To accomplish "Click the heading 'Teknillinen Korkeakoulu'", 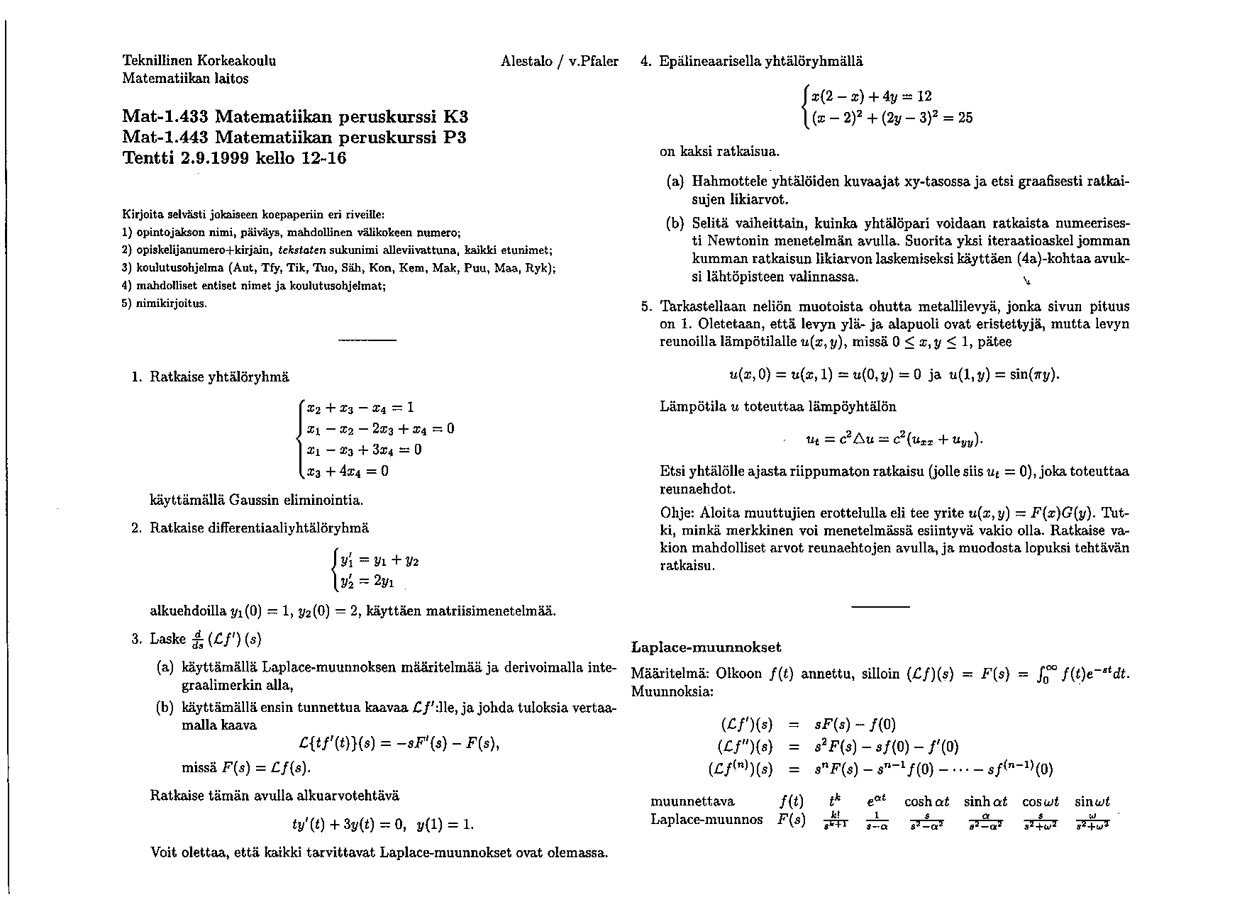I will (x=199, y=60).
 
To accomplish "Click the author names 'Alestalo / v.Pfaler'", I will (x=559, y=61).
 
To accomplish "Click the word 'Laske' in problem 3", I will (x=168, y=639).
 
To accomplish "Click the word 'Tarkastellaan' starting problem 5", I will (x=704, y=307).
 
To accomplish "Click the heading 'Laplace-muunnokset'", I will (x=706, y=647).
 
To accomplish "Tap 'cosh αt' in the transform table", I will (x=926, y=801).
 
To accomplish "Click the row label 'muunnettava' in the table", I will (x=692, y=801).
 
